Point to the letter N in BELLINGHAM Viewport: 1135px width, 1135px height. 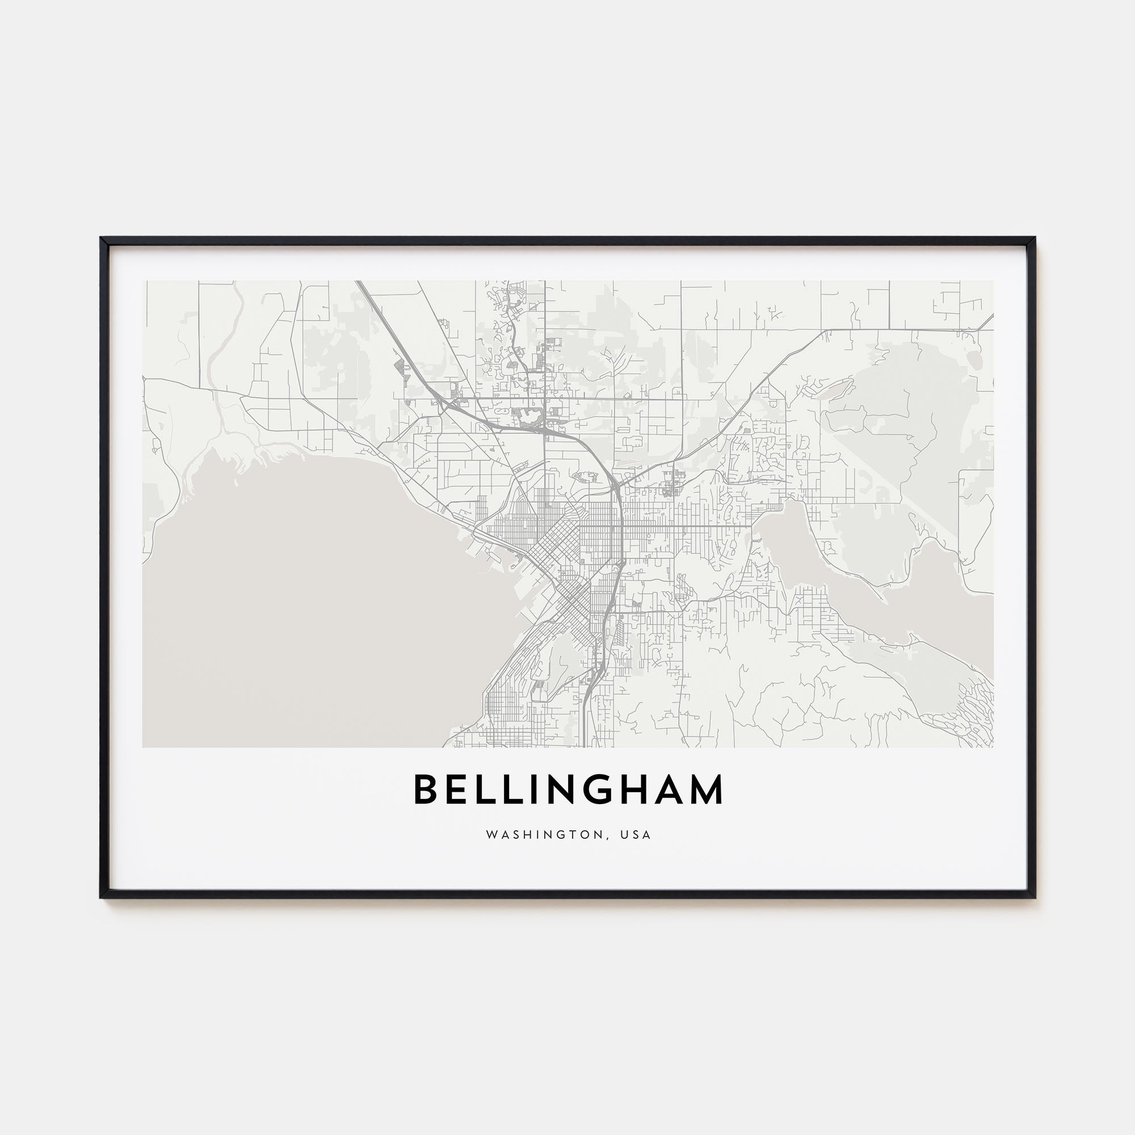pos(564,789)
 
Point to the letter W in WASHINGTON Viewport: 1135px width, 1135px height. pos(490,835)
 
